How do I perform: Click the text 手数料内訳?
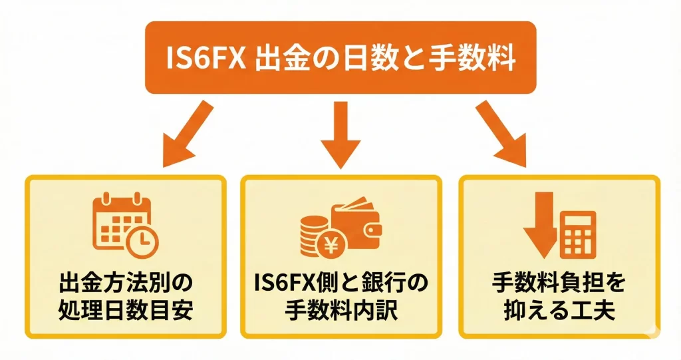tap(340, 311)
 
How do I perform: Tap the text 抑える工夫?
tap(559, 311)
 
